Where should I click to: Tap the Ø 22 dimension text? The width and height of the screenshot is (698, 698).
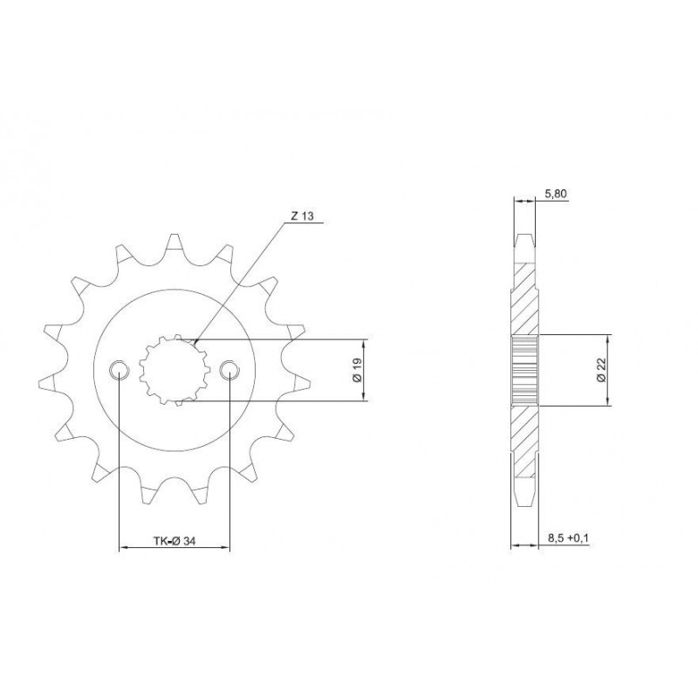(602, 370)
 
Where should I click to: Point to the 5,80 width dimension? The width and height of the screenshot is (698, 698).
(555, 193)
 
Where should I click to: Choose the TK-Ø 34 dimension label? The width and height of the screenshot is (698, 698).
(174, 541)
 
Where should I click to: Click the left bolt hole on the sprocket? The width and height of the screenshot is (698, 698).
(119, 370)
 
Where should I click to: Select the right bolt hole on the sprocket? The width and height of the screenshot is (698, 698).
(229, 370)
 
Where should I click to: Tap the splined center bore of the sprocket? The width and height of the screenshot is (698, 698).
(174, 371)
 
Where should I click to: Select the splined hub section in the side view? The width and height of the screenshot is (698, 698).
(523, 371)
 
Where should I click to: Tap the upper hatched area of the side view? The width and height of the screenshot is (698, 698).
(523, 297)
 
